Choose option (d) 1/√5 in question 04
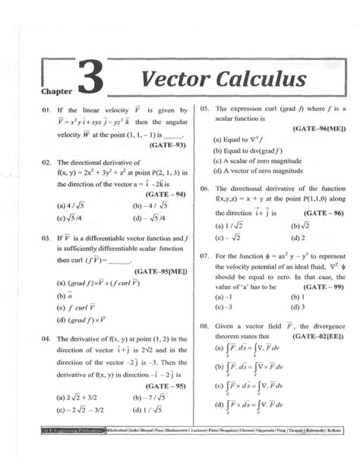coord(149,408)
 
